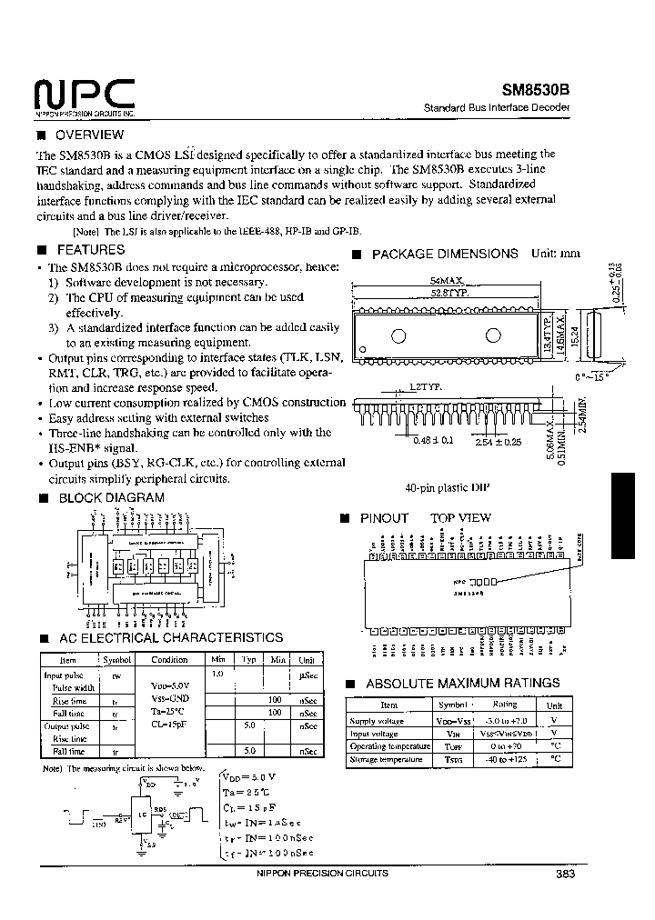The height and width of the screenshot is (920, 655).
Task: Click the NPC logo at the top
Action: pyautogui.click(x=84, y=94)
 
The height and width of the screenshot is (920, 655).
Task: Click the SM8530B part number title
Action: pyautogui.click(x=536, y=91)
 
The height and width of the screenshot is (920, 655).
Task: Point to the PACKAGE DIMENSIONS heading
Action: pyautogui.click(x=445, y=255)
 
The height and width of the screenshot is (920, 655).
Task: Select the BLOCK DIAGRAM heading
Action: pyautogui.click(x=111, y=498)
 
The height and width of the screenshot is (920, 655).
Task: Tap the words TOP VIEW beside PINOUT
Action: pyautogui.click(x=460, y=518)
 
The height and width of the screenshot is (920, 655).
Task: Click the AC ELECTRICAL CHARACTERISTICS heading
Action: pyautogui.click(x=170, y=638)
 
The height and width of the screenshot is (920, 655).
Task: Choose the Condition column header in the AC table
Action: pyautogui.click(x=169, y=660)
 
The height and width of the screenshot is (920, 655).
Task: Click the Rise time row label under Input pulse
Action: pyautogui.click(x=69, y=700)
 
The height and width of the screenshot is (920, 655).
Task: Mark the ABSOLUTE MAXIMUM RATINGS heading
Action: pyautogui.click(x=462, y=684)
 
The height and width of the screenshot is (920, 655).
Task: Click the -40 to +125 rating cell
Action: pyautogui.click(x=504, y=759)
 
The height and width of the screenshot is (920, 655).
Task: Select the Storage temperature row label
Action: pyautogui.click(x=388, y=759)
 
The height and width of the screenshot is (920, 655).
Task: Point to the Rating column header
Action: pyautogui.click(x=504, y=705)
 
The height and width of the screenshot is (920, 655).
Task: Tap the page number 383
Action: pyautogui.click(x=563, y=874)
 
